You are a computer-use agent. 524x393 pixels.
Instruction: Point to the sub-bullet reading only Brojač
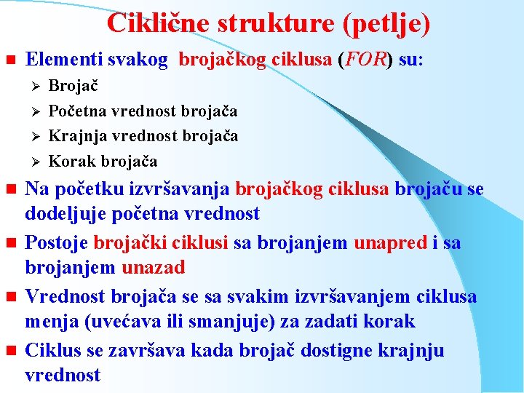coord(73,86)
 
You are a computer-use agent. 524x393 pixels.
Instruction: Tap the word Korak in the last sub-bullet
coord(71,161)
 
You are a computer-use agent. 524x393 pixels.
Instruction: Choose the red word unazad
coord(153,268)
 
